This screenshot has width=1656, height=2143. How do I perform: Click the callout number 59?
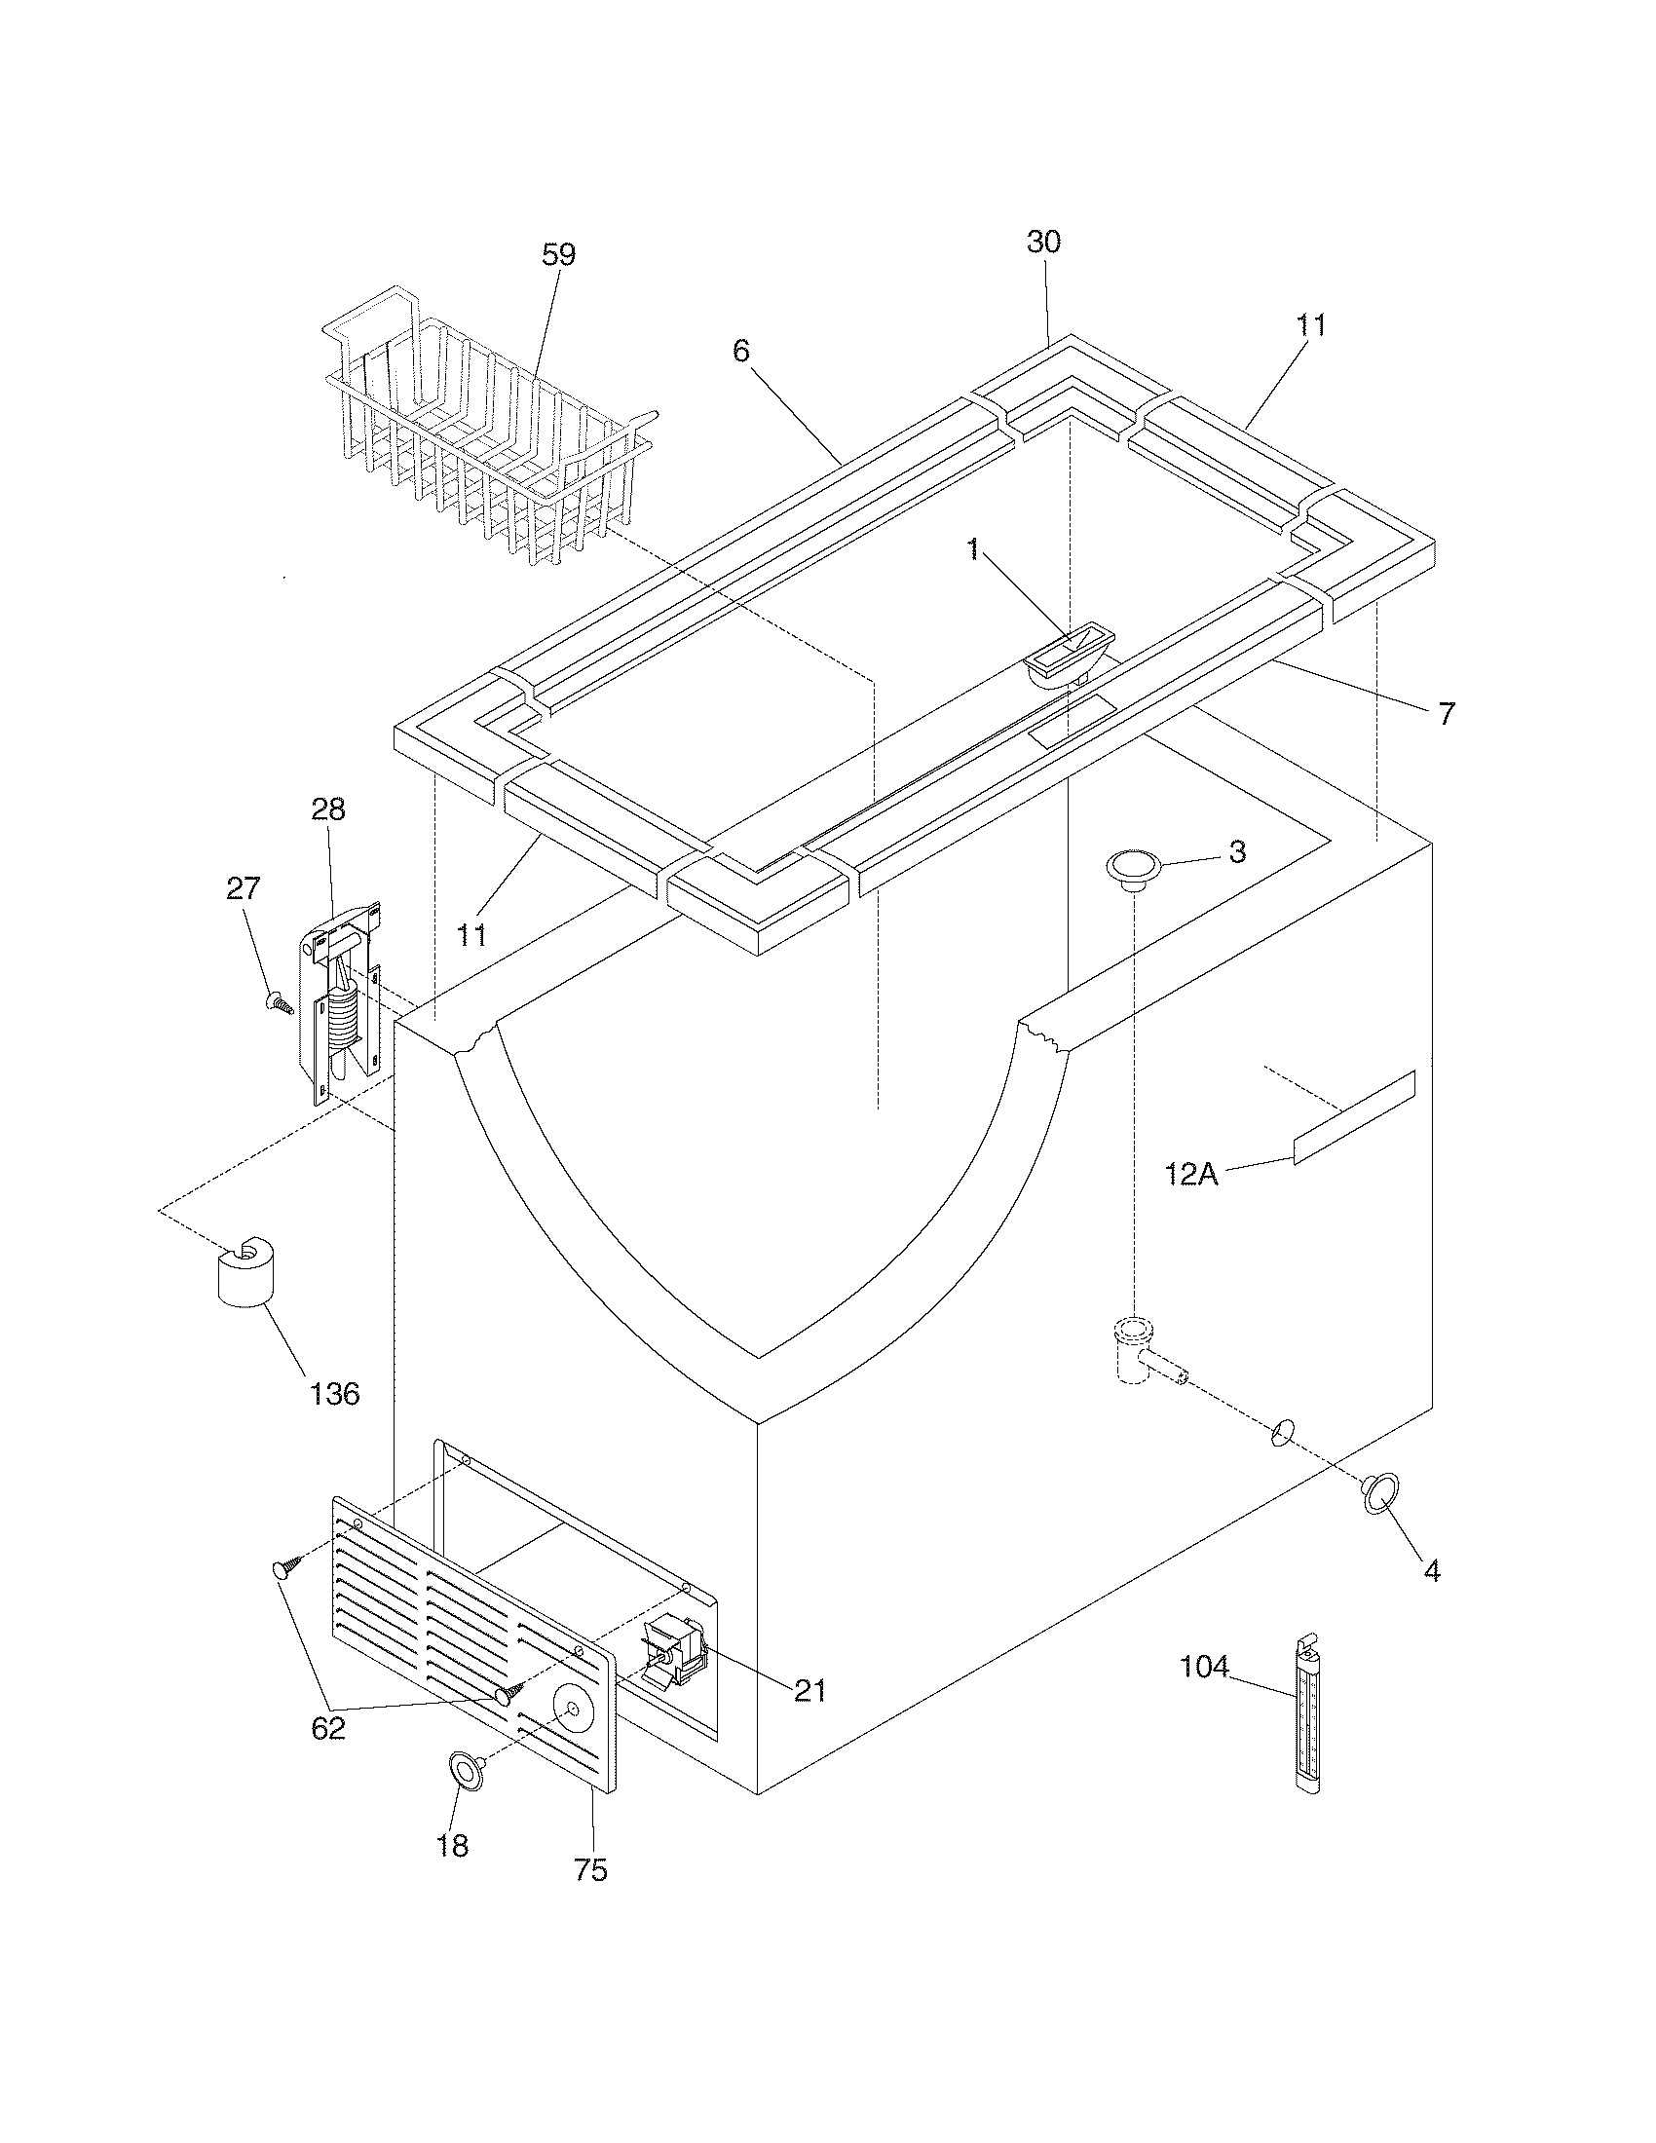[558, 255]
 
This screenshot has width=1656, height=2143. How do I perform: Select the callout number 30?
[1044, 243]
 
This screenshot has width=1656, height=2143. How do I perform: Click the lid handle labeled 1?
[1070, 654]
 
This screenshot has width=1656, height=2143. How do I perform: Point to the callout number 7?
[1447, 713]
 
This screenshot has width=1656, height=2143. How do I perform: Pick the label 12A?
[1192, 1174]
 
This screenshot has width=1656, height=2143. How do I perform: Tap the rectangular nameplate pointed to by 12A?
[1354, 1118]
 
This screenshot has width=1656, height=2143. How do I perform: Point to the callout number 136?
[334, 1392]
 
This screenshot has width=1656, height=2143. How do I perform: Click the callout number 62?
[328, 1728]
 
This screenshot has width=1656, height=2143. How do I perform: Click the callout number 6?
[740, 351]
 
